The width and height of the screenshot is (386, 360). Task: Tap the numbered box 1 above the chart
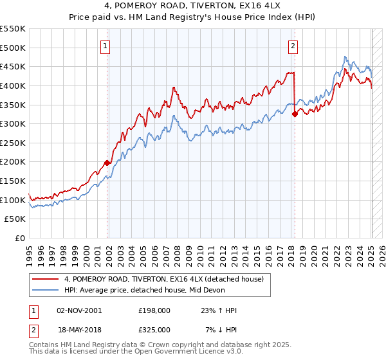(104, 46)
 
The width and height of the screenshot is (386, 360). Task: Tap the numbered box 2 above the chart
(293, 46)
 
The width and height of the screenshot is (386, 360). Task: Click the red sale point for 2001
(107, 163)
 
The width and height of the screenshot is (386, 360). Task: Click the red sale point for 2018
(295, 114)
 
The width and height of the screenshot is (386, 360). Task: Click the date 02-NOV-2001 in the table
(79, 310)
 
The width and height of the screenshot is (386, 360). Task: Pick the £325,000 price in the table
(154, 330)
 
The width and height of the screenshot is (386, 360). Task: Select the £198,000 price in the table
(154, 310)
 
